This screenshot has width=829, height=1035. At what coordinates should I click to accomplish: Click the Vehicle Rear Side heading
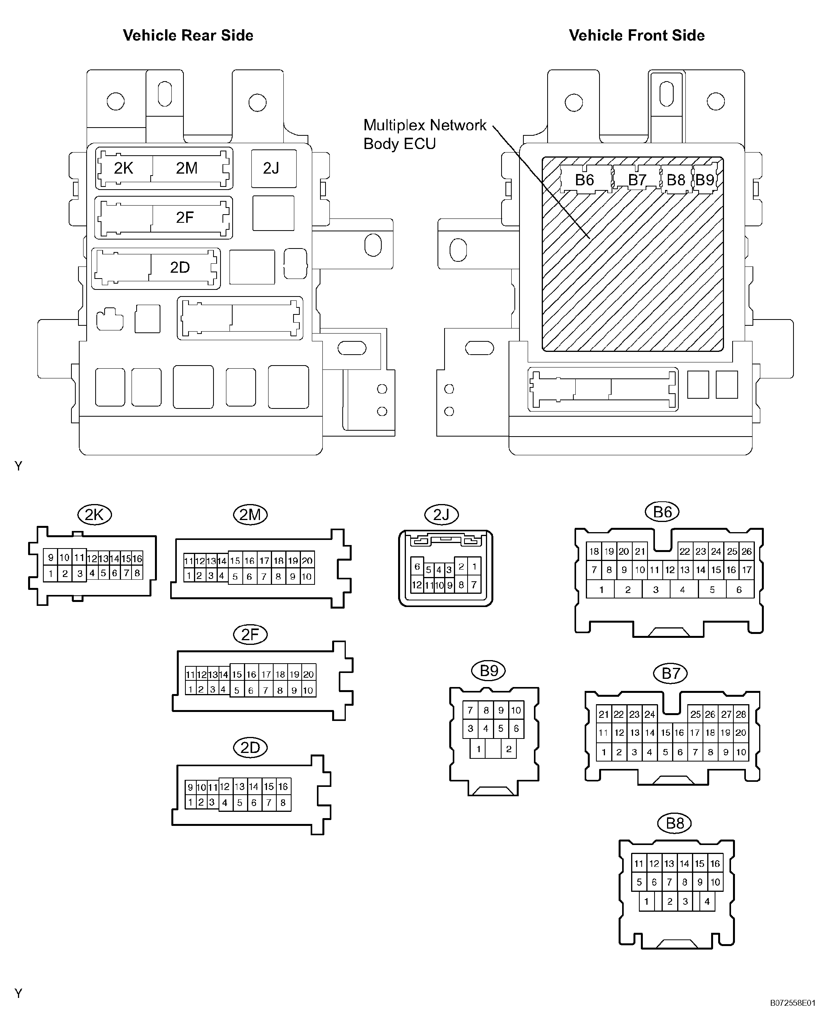coord(188,35)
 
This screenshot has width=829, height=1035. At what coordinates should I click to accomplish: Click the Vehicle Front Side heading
coord(637,35)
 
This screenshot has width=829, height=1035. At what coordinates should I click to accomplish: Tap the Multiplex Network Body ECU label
coord(425,135)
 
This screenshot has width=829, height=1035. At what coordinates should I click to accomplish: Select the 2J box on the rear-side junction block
coord(274,169)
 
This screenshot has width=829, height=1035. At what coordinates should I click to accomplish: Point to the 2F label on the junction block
coord(185,217)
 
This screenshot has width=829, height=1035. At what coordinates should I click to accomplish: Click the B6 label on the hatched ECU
coord(585,180)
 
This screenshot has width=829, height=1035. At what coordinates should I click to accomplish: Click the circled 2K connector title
coord(94,515)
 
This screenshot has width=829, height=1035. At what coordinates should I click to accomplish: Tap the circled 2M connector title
coord(250,515)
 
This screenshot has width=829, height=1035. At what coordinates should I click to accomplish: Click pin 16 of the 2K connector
coord(137,558)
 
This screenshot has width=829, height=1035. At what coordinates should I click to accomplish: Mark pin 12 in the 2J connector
coord(417,585)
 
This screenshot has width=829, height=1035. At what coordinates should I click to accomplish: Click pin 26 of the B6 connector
coord(746,551)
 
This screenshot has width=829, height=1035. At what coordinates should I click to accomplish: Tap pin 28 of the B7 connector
coord(741,714)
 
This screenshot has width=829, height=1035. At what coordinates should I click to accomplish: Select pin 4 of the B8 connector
coord(707,902)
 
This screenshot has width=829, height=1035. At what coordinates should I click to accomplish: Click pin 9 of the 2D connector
coord(190,787)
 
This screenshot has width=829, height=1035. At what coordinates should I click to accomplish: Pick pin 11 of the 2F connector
coord(190,675)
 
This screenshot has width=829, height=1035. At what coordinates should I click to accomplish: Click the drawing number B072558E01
coord(792,1016)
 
